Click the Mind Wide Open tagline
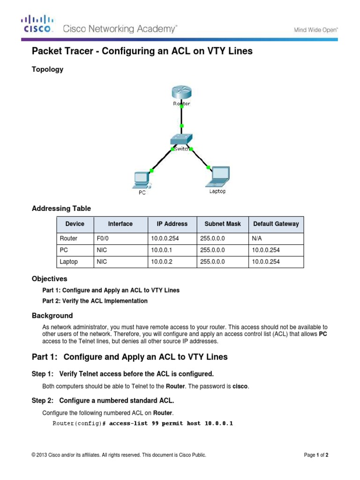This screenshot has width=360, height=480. pyautogui.click(x=315, y=30)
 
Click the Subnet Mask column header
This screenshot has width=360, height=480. pyautogui.click(x=220, y=224)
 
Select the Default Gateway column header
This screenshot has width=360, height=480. pyautogui.click(x=276, y=224)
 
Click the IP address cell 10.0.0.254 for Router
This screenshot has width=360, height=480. pyautogui.click(x=165, y=239)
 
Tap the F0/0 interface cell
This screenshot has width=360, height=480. pyautogui.click(x=103, y=239)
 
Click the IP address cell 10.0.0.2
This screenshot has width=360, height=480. pyautogui.click(x=162, y=262)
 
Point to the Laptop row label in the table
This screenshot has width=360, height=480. pyautogui.click(x=69, y=262)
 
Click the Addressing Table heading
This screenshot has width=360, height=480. pyautogui.click(x=61, y=209)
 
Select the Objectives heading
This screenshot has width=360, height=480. pyautogui.click(x=49, y=279)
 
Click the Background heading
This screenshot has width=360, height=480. pyautogui.click(x=52, y=316)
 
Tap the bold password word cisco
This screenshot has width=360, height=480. pyautogui.click(x=241, y=386)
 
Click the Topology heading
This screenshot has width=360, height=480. pyautogui.click(x=47, y=69)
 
